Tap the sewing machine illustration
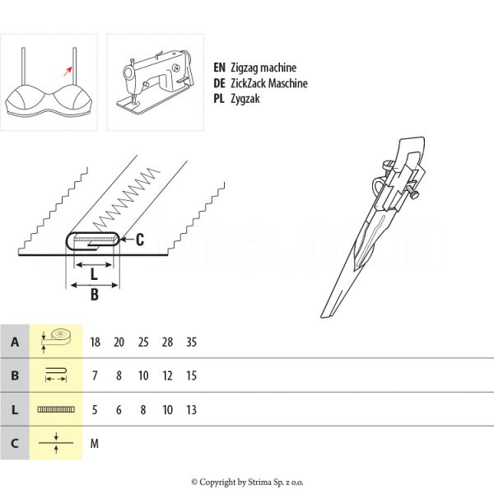[155, 82]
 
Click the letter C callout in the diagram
[139, 240]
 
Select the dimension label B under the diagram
[94, 295]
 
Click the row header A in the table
[15, 342]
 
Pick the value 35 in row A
[192, 342]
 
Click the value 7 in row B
[95, 375]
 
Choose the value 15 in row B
[192, 375]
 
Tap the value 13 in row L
[192, 409]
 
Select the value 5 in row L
[95, 409]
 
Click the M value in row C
[95, 443]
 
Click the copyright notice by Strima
[247, 482]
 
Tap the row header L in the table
[15, 409]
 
